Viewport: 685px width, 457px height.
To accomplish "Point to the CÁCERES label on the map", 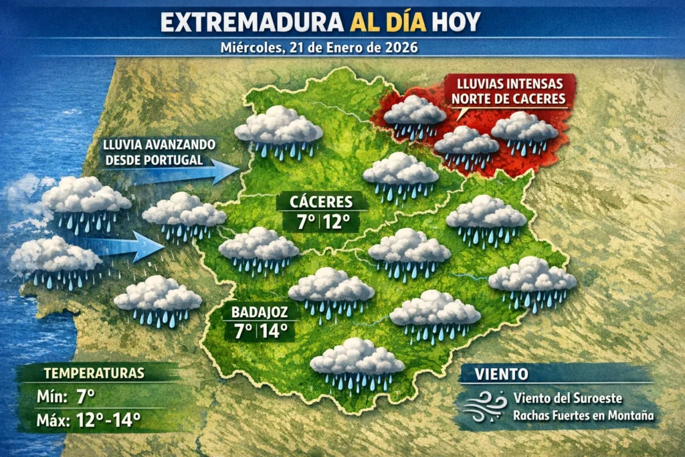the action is click(x=321, y=201).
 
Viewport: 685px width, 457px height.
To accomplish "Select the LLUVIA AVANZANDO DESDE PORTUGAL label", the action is click(x=159, y=152).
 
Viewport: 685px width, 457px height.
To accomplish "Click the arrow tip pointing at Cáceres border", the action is click(x=235, y=171).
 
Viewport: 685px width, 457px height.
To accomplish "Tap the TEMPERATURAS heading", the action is click(x=93, y=373).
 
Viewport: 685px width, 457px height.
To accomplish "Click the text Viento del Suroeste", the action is click(x=567, y=398).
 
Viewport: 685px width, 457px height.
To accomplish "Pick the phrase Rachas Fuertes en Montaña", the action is click(x=583, y=416).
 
